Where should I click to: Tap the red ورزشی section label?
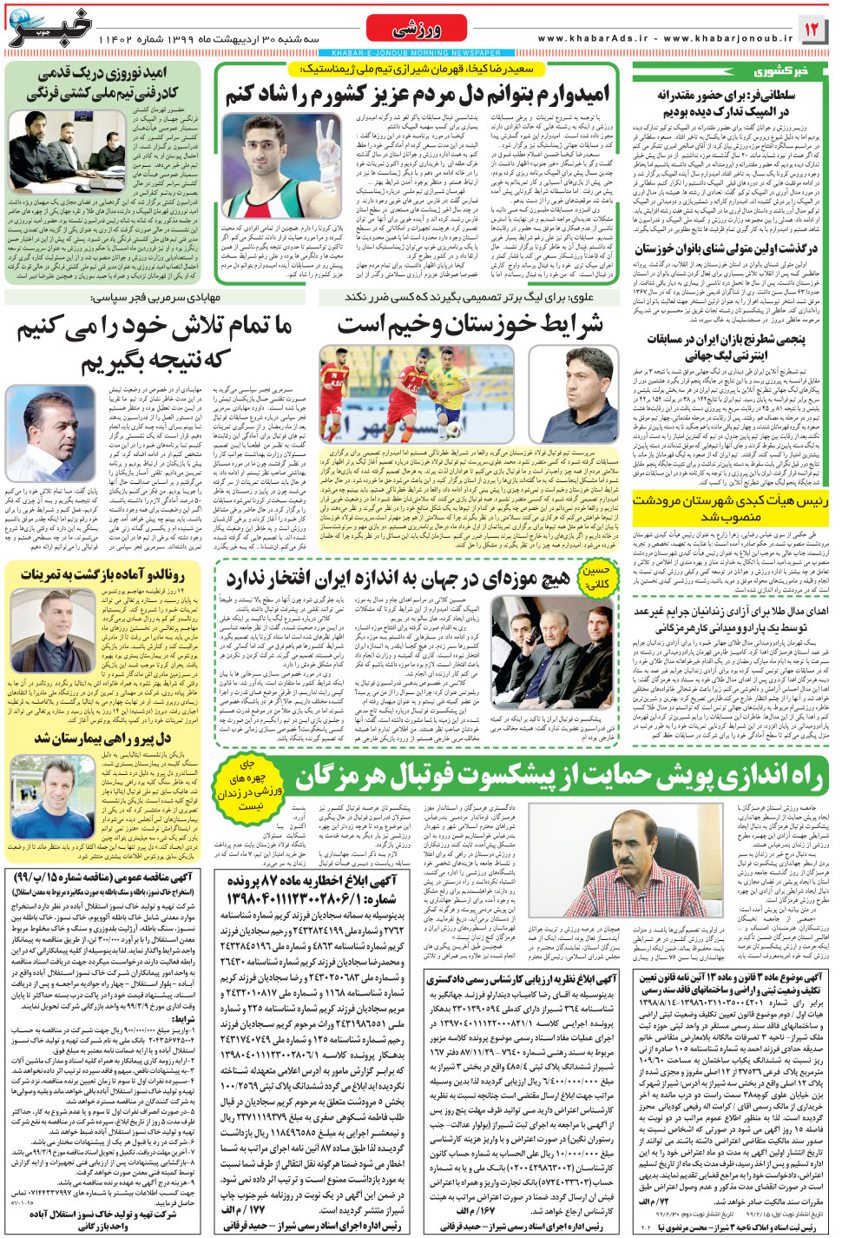417,30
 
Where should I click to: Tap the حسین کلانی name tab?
596,577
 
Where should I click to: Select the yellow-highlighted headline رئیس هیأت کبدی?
730,507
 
